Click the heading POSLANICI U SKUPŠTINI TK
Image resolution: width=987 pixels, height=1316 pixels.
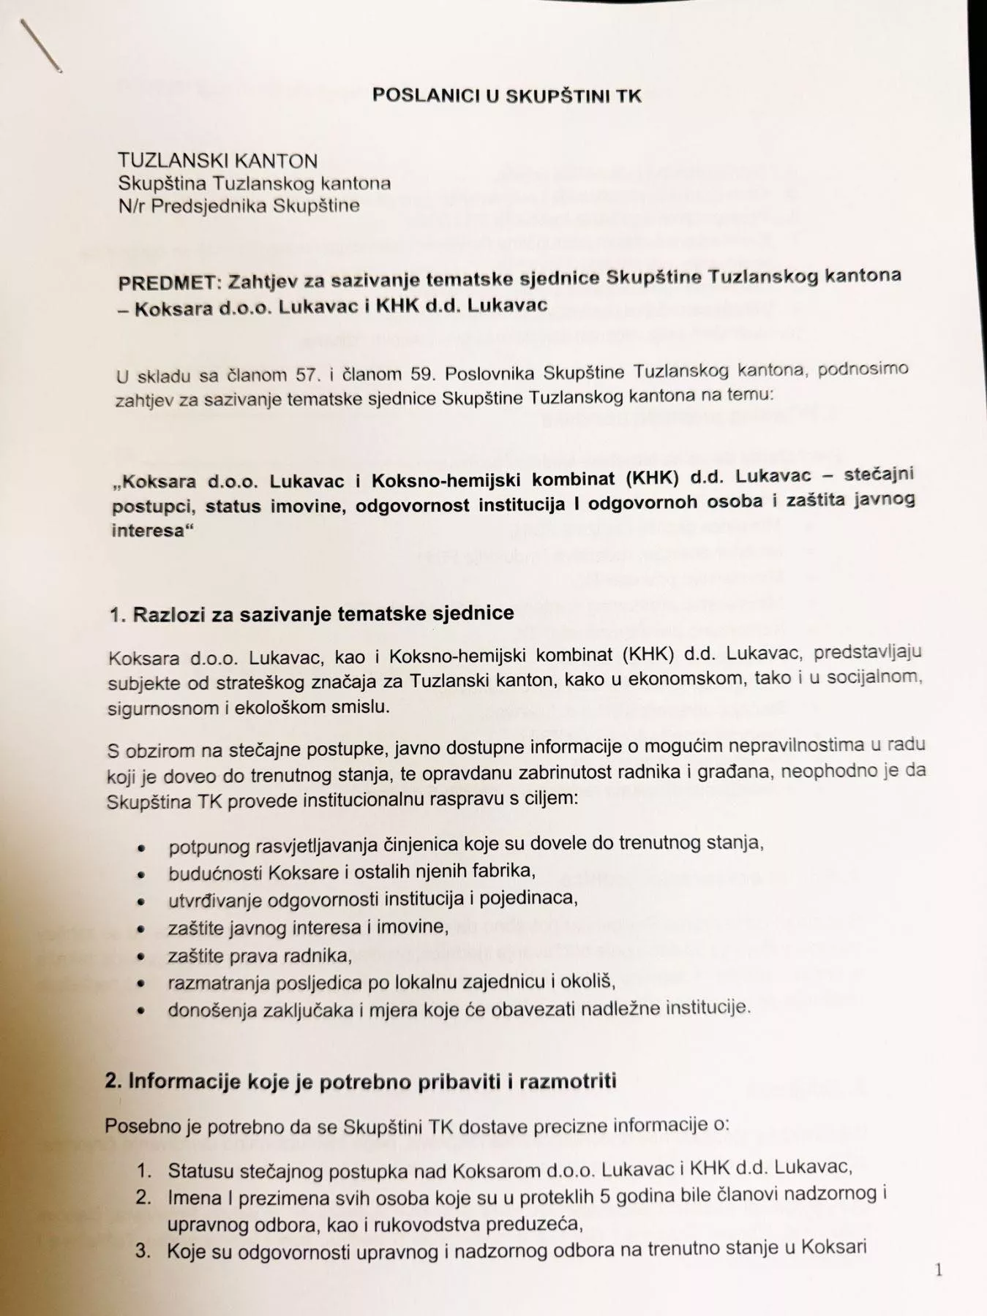[506, 95]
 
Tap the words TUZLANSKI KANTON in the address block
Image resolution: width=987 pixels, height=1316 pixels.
[218, 161]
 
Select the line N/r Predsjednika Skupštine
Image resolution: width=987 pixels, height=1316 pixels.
[239, 205]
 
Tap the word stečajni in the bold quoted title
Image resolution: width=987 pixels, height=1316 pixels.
[879, 474]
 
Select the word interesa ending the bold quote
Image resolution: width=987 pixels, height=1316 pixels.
[146, 530]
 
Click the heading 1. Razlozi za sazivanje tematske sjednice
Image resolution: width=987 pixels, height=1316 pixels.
[312, 613]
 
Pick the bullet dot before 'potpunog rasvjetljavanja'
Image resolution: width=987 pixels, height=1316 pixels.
[142, 849]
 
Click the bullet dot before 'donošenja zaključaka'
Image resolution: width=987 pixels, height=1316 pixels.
[141, 1012]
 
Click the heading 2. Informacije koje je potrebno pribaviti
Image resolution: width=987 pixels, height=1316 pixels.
[360, 1081]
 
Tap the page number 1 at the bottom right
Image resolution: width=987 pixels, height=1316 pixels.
[939, 1270]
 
